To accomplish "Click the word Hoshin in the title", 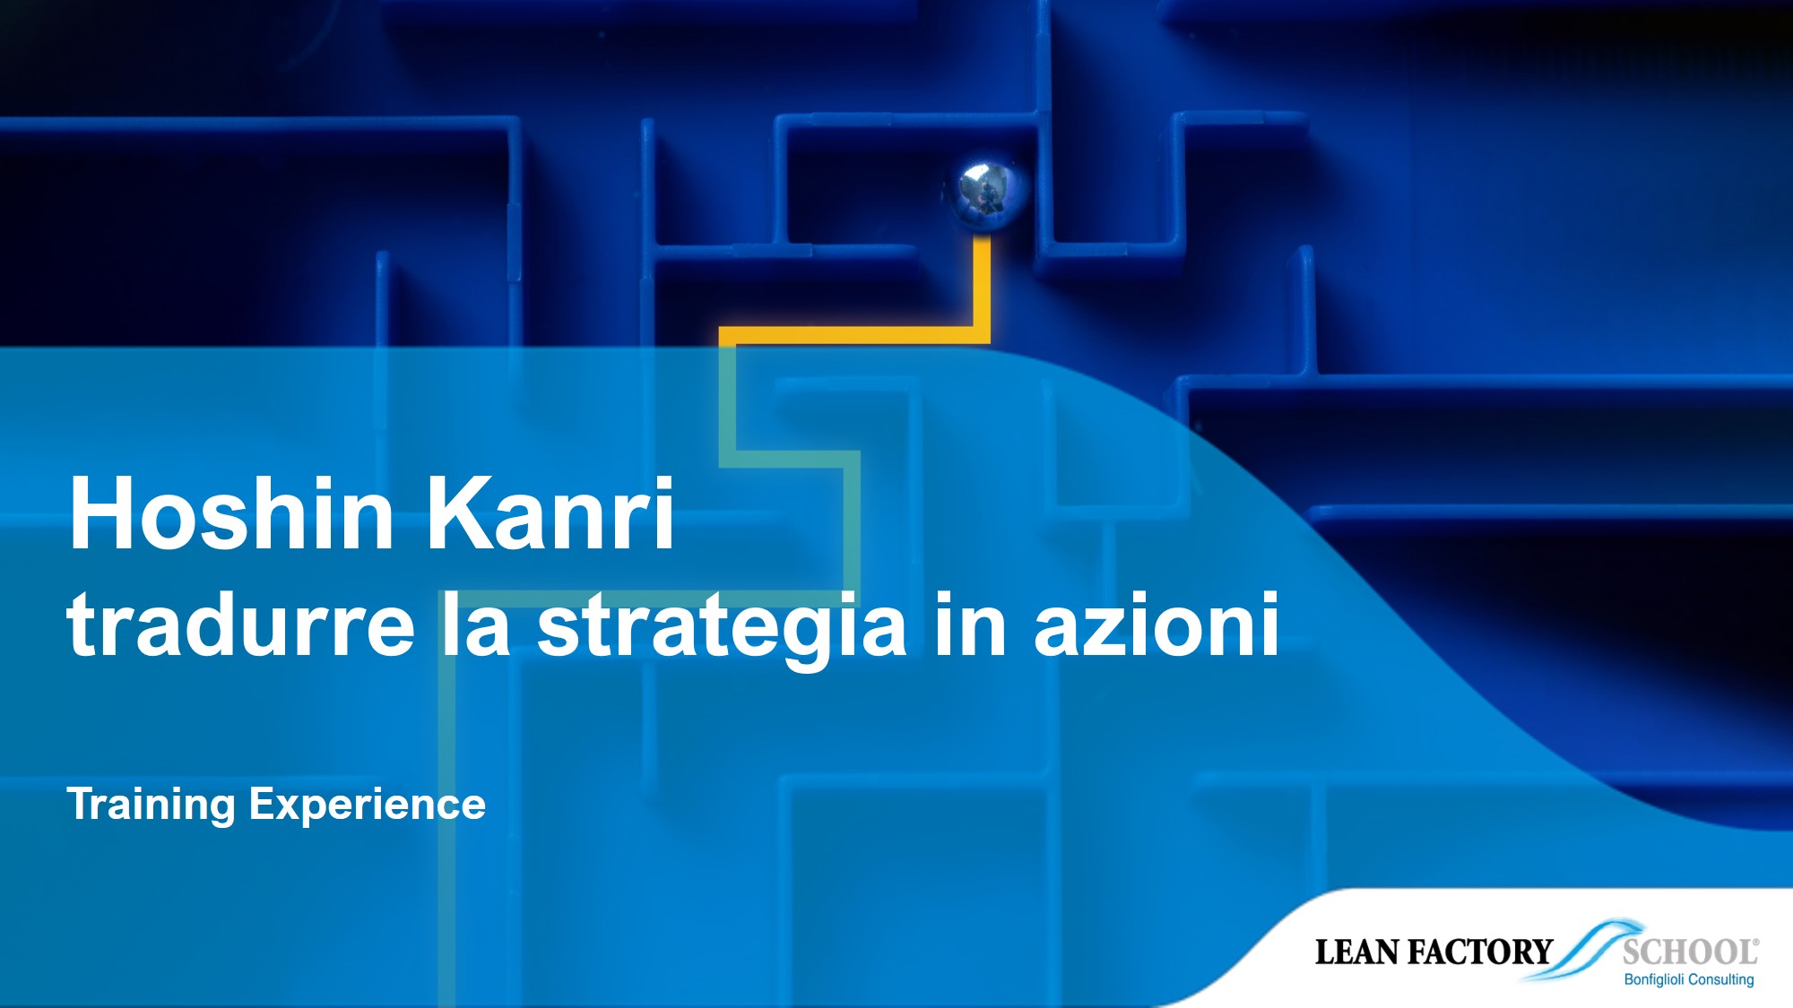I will pos(231,514).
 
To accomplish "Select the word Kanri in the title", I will pos(549,514).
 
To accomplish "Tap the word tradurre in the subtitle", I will pos(240,625).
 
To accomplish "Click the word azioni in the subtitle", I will pos(1156,625).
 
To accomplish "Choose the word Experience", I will pos(368,805).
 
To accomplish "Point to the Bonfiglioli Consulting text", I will pos(1689,980).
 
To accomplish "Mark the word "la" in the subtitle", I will pos(476,625).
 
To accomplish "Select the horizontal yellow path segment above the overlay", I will pos(852,336).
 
